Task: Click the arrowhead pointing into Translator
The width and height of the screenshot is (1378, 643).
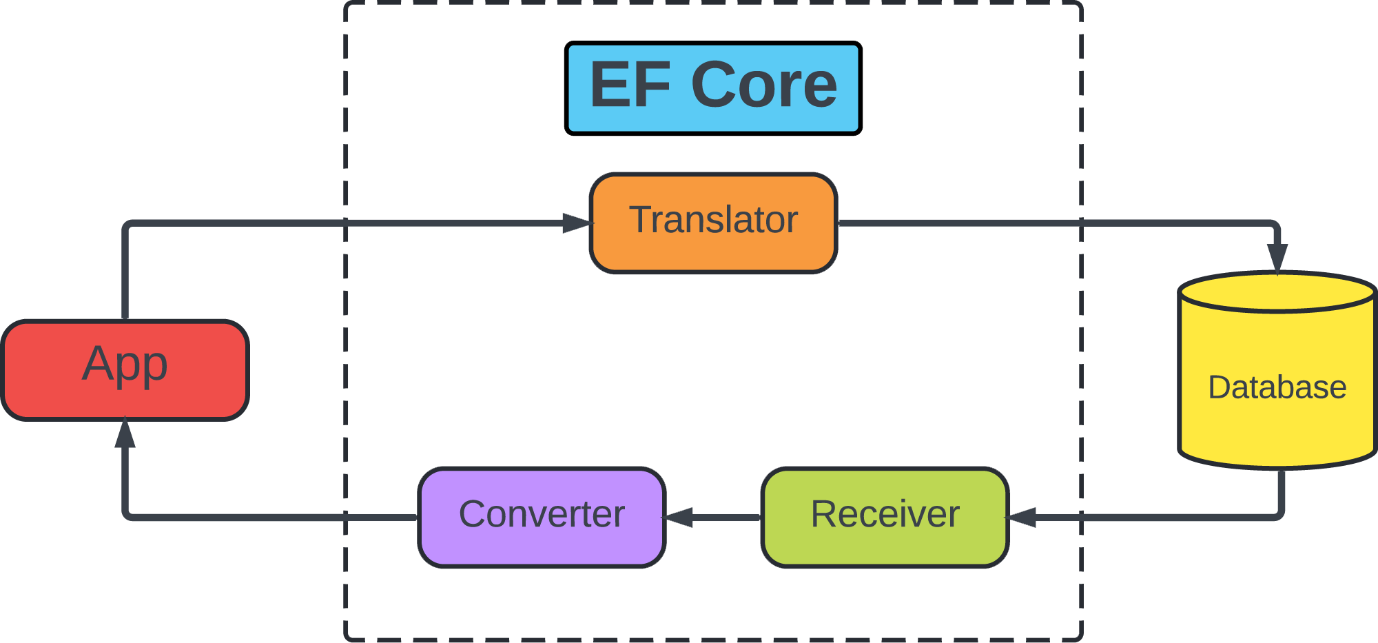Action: click(x=577, y=223)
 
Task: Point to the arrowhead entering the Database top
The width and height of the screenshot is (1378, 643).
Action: click(x=1277, y=258)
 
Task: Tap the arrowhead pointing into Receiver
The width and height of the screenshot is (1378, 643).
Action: click(x=1021, y=517)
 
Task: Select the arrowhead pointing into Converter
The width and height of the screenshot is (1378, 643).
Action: click(x=679, y=517)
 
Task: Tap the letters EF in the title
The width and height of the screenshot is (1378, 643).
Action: click(x=630, y=85)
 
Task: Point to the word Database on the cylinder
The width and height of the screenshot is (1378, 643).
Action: click(x=1277, y=387)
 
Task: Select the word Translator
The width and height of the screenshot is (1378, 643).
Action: click(x=713, y=220)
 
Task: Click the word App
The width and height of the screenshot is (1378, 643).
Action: click(x=125, y=363)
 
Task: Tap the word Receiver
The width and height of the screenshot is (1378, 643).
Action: click(x=885, y=514)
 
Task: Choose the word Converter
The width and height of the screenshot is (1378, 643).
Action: click(x=542, y=514)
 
